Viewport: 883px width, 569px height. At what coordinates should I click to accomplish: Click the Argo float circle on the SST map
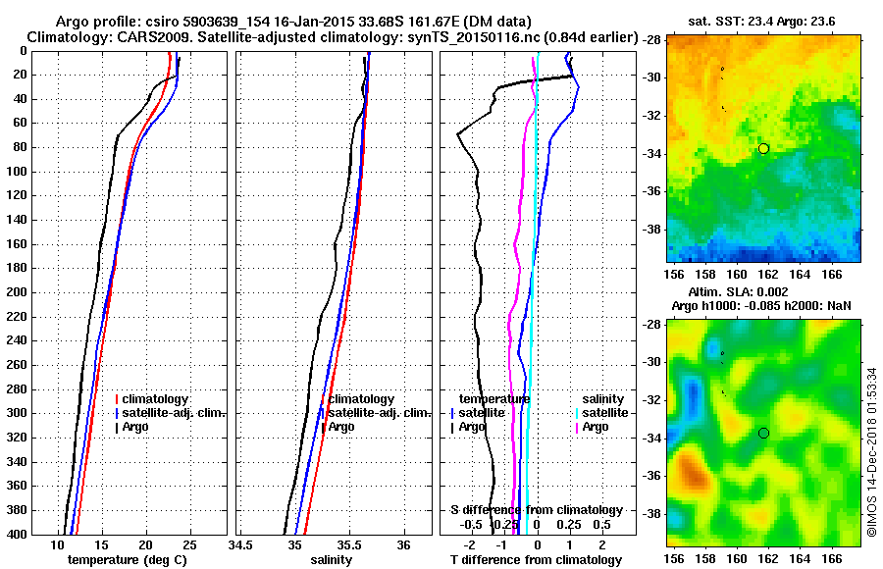click(763, 148)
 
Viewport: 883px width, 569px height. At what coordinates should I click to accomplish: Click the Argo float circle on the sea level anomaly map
click(763, 433)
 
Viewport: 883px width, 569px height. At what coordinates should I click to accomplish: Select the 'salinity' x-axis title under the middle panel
click(332, 560)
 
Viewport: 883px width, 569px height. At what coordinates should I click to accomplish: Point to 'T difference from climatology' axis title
click(536, 560)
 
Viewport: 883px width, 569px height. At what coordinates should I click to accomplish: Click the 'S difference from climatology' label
click(536, 510)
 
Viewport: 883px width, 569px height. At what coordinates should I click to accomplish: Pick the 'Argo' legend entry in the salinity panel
click(340, 427)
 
